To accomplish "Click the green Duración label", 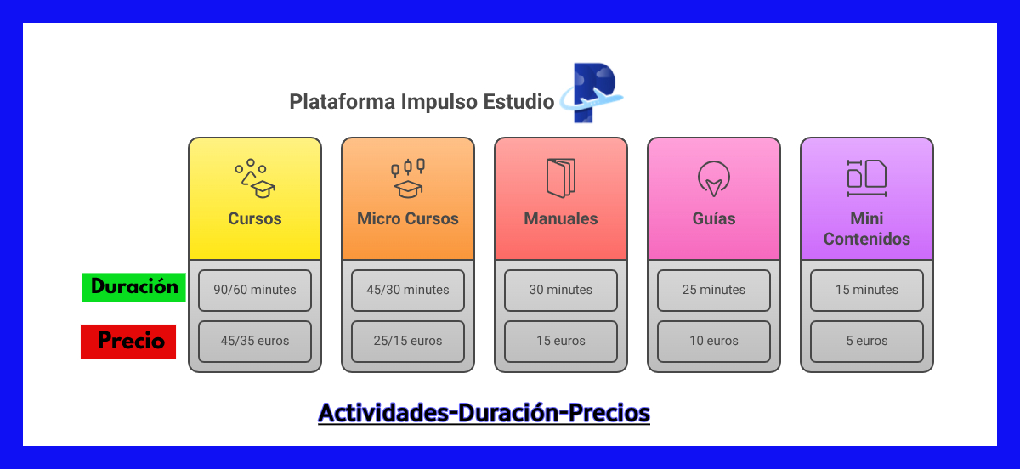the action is [x=134, y=287].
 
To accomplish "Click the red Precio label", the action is [x=128, y=342].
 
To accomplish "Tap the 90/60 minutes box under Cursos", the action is [x=255, y=291].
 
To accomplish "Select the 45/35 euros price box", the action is [x=255, y=342].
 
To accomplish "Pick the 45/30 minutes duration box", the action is [x=408, y=291].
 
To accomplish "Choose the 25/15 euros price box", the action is [x=408, y=342].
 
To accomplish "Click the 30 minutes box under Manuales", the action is [x=561, y=291].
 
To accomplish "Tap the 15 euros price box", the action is [x=561, y=342].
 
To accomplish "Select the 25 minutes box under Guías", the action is [x=714, y=291].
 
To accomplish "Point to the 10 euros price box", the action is [x=714, y=342].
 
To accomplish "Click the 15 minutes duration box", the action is [x=867, y=291].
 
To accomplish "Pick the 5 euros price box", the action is [x=867, y=342].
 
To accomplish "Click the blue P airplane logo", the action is [x=592, y=93].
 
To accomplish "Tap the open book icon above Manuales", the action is [x=561, y=178].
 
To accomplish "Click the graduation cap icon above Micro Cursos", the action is [x=408, y=178].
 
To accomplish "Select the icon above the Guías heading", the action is [x=714, y=178].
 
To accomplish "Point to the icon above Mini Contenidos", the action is [x=867, y=178].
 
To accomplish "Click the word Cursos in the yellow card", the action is [x=255, y=218].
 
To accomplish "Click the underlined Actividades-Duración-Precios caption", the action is [x=484, y=413].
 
